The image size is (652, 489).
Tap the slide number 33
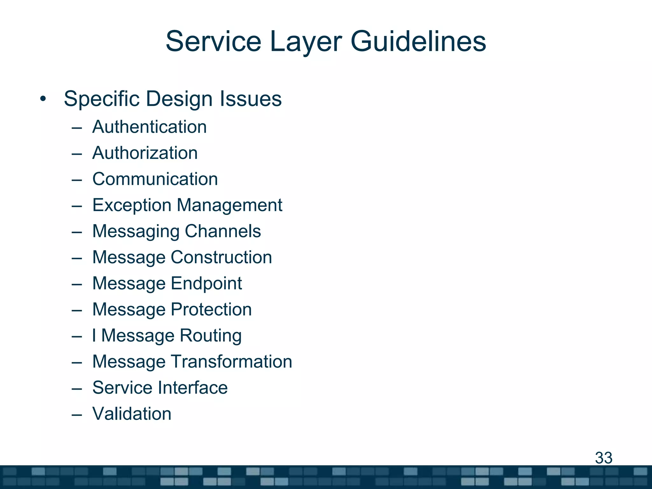pos(604,458)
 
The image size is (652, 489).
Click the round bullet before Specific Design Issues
pos(43,99)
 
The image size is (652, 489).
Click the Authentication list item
pos(149,127)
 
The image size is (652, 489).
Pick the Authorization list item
pos(145,153)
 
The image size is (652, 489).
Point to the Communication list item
pos(155,179)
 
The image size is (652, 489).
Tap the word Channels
pos(223,231)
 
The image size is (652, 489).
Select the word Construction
pos(221,257)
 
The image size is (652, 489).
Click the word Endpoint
pos(206,284)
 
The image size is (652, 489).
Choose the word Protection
pos(211,309)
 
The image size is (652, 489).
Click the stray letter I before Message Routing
pos(94,336)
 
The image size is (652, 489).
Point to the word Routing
pos(210,336)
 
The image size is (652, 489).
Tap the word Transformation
pos(231,362)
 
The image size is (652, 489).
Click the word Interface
pos(193,388)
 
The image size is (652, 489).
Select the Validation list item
pos(132,414)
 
